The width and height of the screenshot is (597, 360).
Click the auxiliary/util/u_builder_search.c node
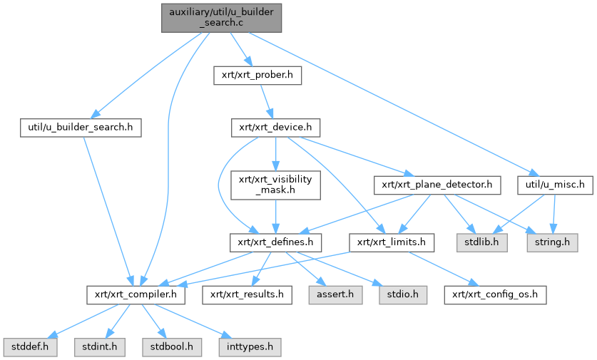[221, 16]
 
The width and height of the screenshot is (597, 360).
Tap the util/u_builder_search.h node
[81, 128]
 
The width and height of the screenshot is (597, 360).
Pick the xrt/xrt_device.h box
[275, 128]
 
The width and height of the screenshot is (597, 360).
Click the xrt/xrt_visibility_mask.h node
[275, 185]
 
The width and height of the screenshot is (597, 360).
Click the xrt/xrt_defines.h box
[271, 242]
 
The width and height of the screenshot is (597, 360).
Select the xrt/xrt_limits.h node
[392, 242]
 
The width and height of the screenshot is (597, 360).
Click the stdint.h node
[96, 347]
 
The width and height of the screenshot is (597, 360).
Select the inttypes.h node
[249, 347]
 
